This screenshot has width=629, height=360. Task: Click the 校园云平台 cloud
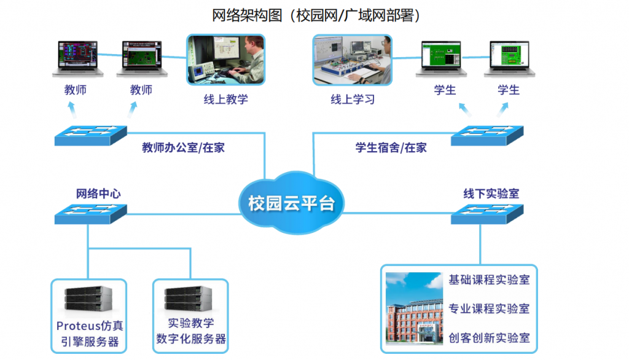coord(291,203)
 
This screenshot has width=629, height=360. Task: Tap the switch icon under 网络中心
coord(91,214)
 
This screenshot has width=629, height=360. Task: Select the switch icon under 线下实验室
coord(487,214)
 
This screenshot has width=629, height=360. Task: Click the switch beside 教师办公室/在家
coord(91,136)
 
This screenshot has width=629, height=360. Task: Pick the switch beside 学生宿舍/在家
coord(487,136)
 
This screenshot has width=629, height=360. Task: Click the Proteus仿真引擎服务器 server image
coord(88,299)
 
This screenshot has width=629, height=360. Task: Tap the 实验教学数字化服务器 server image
coord(188,299)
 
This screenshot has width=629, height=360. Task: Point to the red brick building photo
coord(414,308)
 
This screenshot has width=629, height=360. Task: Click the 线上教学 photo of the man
coord(226,60)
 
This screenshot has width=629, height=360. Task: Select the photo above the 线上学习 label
coord(352,60)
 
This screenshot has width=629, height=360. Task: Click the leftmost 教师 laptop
coord(78,58)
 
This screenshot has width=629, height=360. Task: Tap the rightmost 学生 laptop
coord(509,58)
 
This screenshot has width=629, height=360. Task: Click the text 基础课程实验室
coord(489,280)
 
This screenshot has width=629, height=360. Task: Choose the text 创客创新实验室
coord(489,338)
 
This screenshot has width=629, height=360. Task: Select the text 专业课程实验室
coord(489,308)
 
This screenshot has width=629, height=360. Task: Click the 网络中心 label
coord(98,194)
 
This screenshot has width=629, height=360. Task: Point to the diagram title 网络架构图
coord(247,15)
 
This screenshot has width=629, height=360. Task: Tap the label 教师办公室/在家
coord(183,147)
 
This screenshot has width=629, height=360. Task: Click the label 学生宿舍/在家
coord(391,147)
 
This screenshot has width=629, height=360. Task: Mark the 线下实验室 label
coord(491,194)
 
